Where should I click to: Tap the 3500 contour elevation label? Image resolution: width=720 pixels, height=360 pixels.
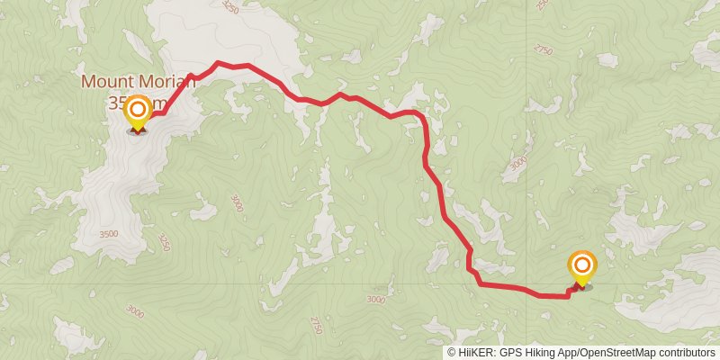108,234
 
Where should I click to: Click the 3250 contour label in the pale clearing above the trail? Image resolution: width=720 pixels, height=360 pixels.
229,8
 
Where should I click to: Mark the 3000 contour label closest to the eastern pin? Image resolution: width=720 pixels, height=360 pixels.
517,164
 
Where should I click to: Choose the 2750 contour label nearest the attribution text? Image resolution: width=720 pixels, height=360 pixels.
315,325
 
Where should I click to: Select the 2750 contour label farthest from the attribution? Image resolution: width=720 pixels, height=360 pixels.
543,50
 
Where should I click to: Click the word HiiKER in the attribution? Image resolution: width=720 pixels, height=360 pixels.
476,353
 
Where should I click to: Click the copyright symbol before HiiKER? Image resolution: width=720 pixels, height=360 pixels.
452,353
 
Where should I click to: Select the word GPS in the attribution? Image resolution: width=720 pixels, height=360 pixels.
511,353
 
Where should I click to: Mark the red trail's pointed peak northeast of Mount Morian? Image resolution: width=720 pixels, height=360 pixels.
217,63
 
